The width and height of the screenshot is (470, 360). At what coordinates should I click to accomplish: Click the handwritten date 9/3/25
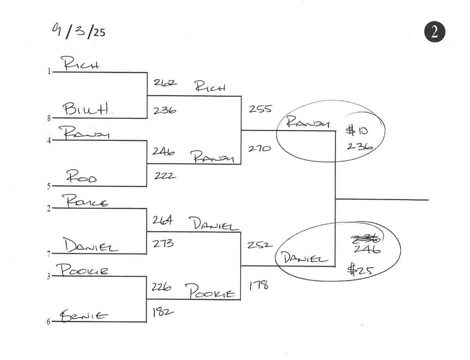(x=78, y=30)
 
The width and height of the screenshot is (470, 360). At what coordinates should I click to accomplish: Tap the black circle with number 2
(x=434, y=32)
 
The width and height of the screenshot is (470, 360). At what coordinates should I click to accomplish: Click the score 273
(x=163, y=244)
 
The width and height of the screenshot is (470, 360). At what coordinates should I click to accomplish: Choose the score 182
(x=163, y=312)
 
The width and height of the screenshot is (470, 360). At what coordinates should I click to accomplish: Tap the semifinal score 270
(x=259, y=148)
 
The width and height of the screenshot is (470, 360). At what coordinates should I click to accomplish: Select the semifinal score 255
(x=260, y=109)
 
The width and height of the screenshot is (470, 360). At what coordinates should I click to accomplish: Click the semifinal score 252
(x=259, y=245)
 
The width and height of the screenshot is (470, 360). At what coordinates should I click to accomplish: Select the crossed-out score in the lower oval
(x=363, y=239)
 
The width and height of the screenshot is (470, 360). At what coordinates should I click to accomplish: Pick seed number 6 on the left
(x=49, y=322)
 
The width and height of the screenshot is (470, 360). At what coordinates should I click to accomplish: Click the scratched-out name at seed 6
(x=83, y=315)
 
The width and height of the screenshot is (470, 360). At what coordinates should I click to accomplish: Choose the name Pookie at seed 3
(x=82, y=270)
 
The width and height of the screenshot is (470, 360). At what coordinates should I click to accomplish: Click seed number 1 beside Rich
(x=49, y=72)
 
